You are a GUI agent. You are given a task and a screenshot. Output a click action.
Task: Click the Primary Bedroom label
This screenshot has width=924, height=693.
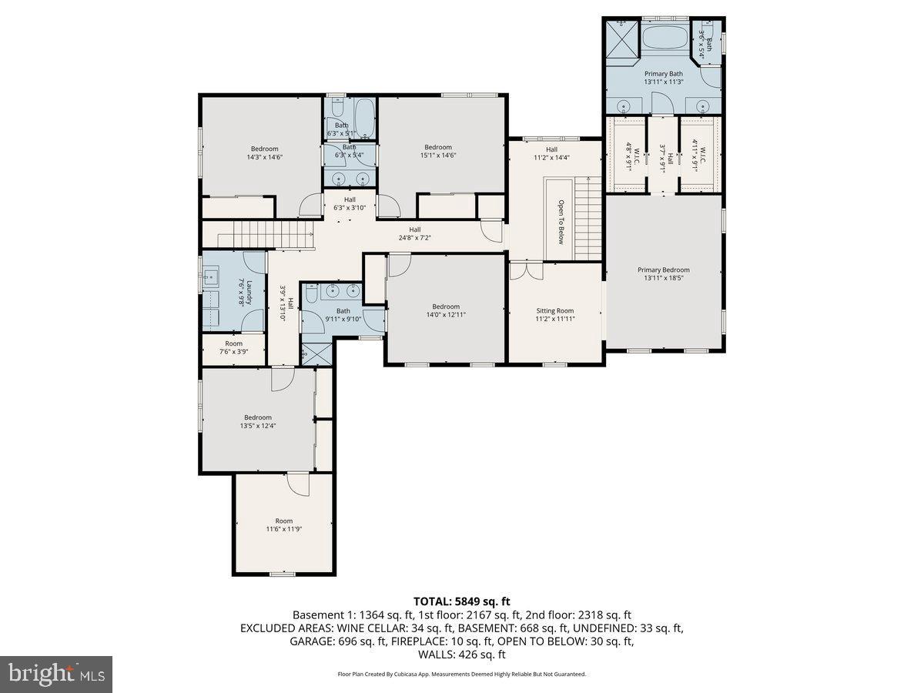coord(663,270)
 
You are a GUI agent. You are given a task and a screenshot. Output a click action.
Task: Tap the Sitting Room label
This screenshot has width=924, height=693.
coord(554,311)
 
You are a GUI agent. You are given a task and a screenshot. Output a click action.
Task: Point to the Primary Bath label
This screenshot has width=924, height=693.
coord(663,74)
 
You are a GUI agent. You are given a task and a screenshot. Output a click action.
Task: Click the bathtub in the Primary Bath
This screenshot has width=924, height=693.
coord(667,38)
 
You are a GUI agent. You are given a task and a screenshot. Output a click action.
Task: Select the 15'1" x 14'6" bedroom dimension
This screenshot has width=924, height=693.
coord(438,156)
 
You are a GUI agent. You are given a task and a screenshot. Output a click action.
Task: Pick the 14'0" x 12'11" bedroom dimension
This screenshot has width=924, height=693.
coord(445,314)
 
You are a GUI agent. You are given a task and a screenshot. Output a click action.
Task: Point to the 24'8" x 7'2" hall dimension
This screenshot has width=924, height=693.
coord(414,238)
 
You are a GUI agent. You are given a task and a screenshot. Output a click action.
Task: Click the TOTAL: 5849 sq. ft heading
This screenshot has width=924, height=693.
coord(461,601)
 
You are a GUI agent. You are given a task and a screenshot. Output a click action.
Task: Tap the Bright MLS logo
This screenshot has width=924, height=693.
coord(56,674)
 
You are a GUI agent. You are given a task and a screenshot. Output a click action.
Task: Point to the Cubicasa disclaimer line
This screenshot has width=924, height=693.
coord(461,674)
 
